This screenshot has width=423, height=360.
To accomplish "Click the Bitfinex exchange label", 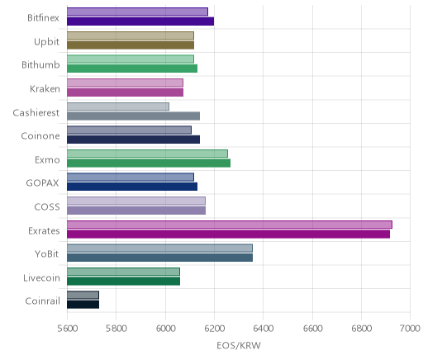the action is (43, 17).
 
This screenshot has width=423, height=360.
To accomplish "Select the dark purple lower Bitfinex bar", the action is (140, 21).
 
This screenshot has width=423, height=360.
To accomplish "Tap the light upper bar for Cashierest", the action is (118, 107).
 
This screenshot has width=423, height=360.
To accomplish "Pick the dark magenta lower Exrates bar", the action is (228, 234).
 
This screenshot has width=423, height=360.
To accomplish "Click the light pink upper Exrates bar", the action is (230, 225).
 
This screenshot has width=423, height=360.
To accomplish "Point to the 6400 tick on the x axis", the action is (263, 328).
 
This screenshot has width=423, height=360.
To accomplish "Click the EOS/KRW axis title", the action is (239, 345).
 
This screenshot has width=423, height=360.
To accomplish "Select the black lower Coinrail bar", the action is (83, 305).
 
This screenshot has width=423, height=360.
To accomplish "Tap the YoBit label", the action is (47, 253).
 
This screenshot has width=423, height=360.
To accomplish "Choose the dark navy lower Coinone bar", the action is (133, 140).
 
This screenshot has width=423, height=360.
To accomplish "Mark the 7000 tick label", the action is (410, 328).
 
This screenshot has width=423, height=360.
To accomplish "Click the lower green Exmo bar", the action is (149, 163).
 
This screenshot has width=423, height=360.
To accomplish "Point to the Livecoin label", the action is (41, 277).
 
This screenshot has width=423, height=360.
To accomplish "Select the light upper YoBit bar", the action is (159, 248).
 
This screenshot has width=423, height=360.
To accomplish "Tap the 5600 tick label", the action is (68, 328).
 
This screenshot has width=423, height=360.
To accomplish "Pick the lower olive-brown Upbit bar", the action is (131, 45).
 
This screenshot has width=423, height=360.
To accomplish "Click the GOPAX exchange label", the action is (42, 183).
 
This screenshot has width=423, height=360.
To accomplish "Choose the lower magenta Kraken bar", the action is (125, 92).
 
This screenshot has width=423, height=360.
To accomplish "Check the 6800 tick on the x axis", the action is (361, 328).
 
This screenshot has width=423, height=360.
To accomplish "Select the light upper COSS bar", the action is (136, 201).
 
